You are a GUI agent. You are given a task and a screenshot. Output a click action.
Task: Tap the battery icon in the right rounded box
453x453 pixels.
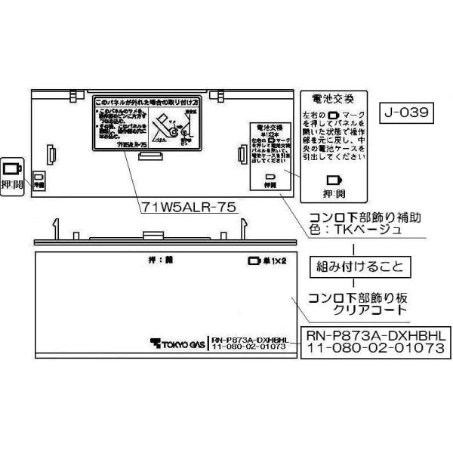(x=334, y=181)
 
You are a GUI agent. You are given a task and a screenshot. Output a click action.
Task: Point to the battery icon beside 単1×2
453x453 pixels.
(x=254, y=263)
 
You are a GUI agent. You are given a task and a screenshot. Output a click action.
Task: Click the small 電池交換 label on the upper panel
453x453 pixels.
(x=270, y=129)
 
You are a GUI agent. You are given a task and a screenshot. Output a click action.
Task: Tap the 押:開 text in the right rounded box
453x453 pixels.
(x=334, y=194)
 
